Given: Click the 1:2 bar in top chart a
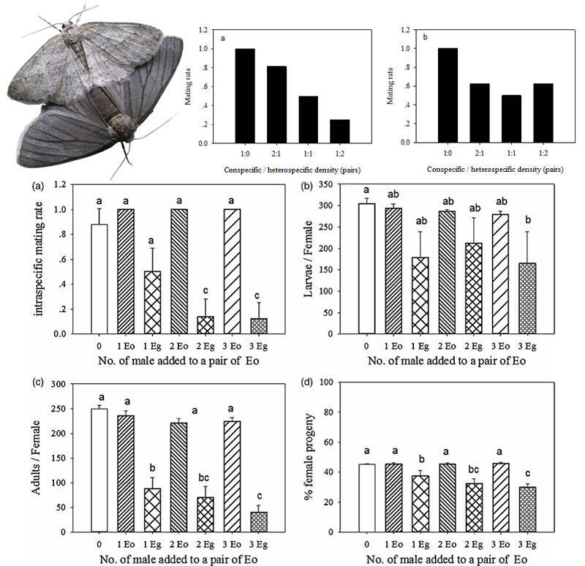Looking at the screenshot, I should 339,131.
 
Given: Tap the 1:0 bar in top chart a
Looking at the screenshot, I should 245,96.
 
